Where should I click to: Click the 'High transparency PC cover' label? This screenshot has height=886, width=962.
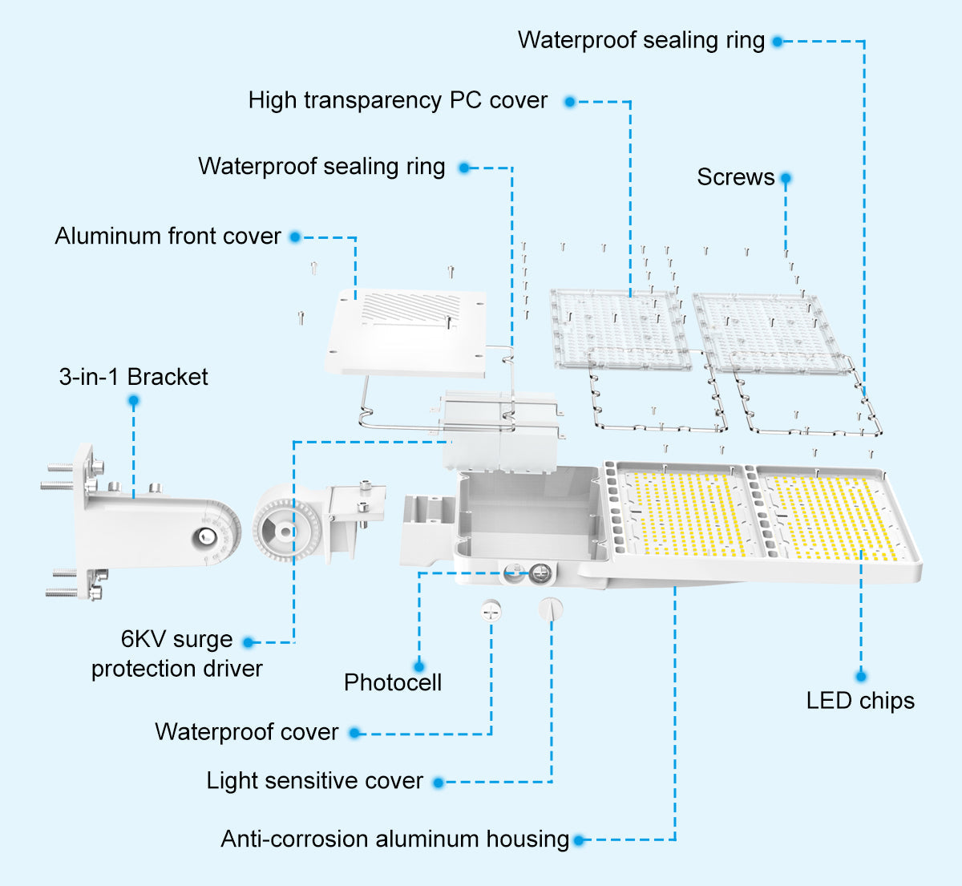tap(398, 100)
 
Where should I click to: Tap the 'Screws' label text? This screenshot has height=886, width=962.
tap(735, 177)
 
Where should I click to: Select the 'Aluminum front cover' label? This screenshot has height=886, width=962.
tap(168, 237)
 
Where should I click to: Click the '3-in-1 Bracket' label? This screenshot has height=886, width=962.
tap(133, 377)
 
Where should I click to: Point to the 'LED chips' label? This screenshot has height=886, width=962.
tap(859, 701)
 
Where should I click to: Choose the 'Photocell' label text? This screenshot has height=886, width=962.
tap(393, 682)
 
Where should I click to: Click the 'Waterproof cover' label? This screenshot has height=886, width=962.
tap(246, 732)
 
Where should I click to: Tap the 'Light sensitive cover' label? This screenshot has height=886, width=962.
tap(314, 781)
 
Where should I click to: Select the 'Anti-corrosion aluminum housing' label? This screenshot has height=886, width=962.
tap(394, 839)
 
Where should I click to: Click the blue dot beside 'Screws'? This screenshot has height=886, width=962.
tap(786, 178)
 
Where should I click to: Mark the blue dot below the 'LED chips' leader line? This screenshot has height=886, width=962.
tap(861, 676)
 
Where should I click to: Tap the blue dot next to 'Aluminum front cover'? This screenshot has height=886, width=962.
tap(295, 237)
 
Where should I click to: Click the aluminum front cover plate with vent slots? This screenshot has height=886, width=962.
tap(406, 332)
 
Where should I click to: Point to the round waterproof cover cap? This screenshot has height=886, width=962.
tap(491, 611)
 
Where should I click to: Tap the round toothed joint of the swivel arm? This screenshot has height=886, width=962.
tap(285, 531)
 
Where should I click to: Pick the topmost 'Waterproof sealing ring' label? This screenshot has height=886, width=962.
tap(641, 40)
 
